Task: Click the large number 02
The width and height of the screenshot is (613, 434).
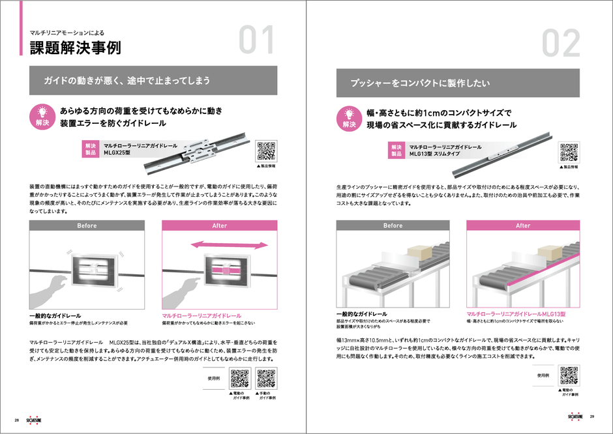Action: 561,43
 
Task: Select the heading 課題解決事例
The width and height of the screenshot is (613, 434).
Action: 74,47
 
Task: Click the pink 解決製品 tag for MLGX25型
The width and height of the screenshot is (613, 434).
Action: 89,149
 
